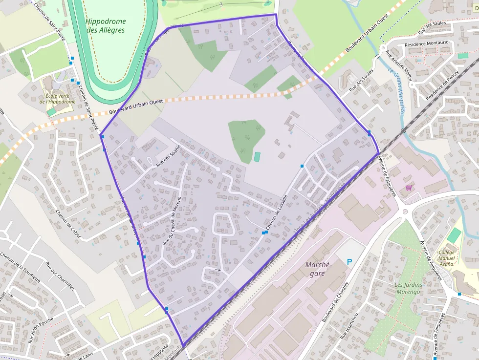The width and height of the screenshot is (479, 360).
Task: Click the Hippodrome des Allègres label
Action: pyautogui.click(x=106, y=26)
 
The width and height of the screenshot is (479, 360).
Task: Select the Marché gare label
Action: pyautogui.click(x=318, y=269)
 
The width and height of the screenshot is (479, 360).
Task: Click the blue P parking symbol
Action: pyautogui.click(x=349, y=262)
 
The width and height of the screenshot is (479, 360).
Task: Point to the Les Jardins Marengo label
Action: pyautogui.click(x=407, y=288)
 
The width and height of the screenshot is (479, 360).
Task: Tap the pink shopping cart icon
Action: pyautogui.click(x=409, y=188)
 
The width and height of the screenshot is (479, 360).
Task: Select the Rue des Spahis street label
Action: pyautogui.click(x=169, y=156)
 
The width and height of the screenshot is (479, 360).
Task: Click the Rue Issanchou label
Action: pyautogui.click(x=350, y=325)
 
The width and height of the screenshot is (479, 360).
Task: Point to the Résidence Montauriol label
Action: pyautogui.click(x=427, y=43)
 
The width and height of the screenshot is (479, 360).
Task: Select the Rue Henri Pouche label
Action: pyautogui.click(x=40, y=330)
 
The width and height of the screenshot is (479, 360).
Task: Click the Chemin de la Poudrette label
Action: pyautogui.click(x=19, y=268)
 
